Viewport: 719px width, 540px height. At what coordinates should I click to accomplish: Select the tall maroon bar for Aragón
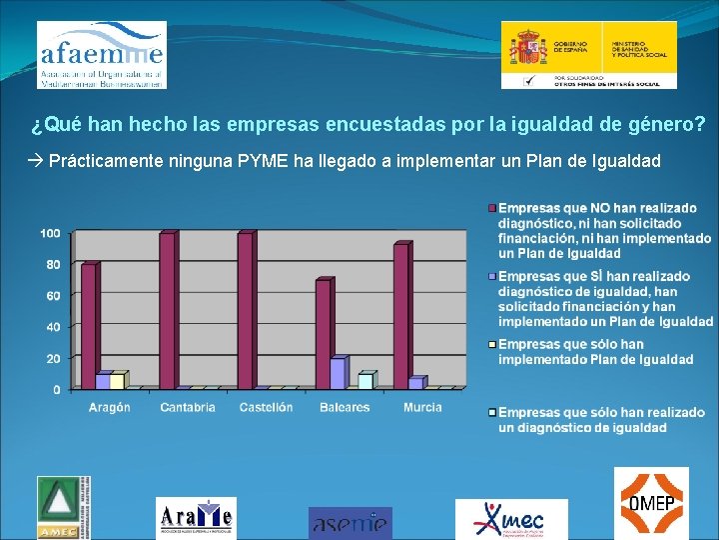coord(89,325)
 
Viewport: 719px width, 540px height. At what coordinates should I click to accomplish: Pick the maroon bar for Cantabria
coord(167,310)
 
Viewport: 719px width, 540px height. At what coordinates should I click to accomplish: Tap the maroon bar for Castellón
coord(245,310)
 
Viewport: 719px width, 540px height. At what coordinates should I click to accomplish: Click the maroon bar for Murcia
coord(400,315)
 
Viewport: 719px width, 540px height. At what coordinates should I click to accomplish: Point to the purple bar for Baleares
coord(337,372)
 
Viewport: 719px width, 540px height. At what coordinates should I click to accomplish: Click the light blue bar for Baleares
coord(365,380)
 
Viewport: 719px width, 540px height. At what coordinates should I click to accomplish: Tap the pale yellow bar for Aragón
coord(117,381)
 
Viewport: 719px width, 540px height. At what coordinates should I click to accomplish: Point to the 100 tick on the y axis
coord(50,233)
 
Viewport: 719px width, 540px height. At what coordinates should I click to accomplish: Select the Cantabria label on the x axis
coord(188,408)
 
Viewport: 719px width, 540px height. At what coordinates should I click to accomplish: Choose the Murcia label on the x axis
coord(422,408)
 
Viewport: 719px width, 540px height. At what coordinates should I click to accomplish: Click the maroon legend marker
coord(491,208)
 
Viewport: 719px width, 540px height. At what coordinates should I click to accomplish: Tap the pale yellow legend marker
coord(491,345)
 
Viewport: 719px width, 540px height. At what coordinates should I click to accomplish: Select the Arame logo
coord(196,517)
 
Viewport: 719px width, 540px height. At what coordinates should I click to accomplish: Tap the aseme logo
coord(350,521)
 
